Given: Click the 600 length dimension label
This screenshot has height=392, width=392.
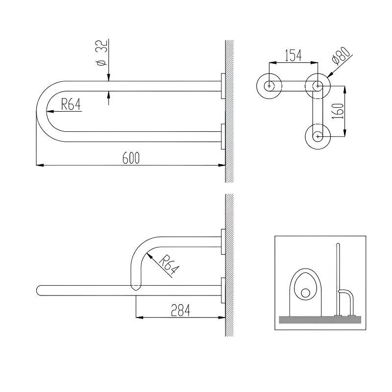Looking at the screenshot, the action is pyautogui.click(x=131, y=158).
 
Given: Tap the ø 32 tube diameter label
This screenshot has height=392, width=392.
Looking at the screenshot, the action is pyautogui.click(x=102, y=52).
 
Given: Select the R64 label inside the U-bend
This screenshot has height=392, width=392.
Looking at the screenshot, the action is pyautogui.click(x=71, y=104).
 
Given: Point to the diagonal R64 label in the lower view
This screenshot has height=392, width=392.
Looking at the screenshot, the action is pyautogui.click(x=169, y=265).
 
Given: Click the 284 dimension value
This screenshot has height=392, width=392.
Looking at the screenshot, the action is pyautogui.click(x=180, y=310).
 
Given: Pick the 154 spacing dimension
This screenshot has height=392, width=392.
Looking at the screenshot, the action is pyautogui.click(x=293, y=55).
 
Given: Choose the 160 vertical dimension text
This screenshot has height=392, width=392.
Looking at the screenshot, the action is pyautogui.click(x=339, y=111).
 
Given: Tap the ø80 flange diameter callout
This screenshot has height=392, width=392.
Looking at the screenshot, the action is pyautogui.click(x=341, y=55).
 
